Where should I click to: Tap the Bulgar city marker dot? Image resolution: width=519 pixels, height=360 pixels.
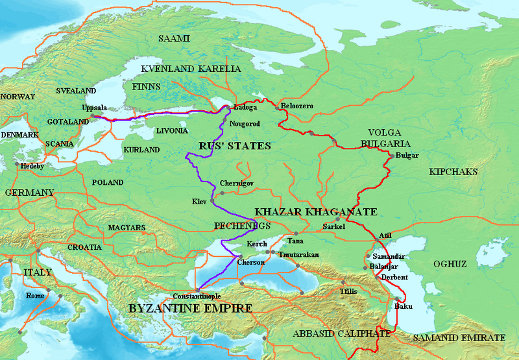[390, 156]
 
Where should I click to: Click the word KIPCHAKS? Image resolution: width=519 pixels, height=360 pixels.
[453, 172]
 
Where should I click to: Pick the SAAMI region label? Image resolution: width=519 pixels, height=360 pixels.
[175, 39]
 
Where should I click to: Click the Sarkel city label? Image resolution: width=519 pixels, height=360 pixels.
[334, 227]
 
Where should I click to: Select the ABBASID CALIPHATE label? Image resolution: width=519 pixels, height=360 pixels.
[341, 334]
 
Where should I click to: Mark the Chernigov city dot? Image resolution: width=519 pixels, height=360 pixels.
[222, 193]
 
